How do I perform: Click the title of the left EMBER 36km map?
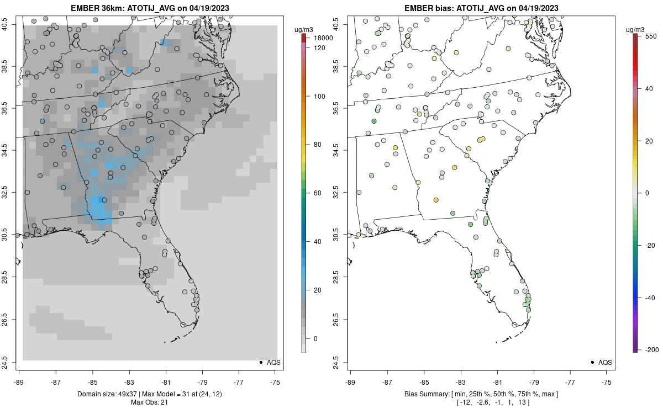click(x=150, y=8)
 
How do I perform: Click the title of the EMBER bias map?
click(x=481, y=8)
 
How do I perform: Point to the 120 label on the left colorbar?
click(x=319, y=48)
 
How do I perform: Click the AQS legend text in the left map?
click(x=274, y=363)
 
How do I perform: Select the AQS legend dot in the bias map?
click(x=592, y=363)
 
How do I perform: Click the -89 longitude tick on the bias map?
click(x=350, y=382)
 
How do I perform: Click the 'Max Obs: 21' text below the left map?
click(x=150, y=402)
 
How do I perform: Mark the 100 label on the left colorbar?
click(x=319, y=97)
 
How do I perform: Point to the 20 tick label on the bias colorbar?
click(x=650, y=141)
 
